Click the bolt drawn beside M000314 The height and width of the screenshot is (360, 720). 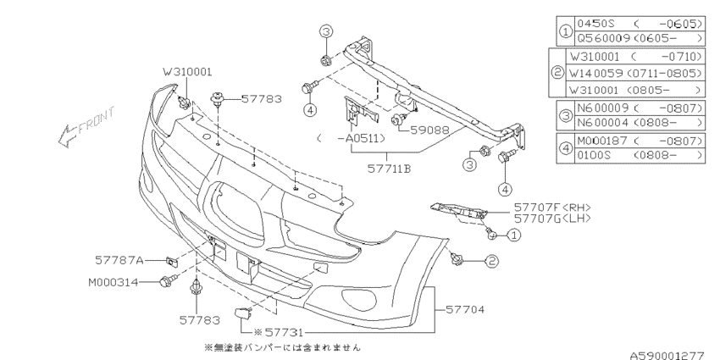coord(168,281)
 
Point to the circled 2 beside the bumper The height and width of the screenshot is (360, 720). coord(490,263)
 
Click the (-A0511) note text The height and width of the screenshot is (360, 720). coord(350,138)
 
